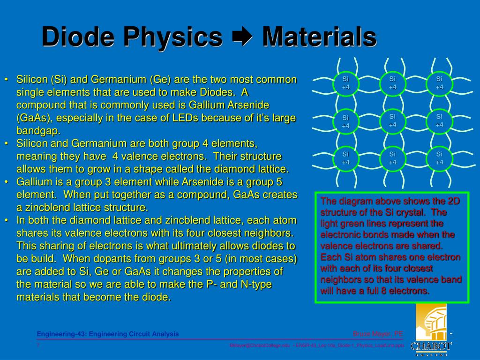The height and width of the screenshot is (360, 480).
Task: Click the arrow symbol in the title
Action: click(242, 37)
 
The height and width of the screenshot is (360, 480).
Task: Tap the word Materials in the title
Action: click(319, 37)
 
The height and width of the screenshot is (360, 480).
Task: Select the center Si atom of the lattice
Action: click(392, 120)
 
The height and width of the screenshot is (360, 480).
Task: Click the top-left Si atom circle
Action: click(345, 83)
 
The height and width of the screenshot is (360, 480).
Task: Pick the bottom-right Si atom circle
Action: click(439, 158)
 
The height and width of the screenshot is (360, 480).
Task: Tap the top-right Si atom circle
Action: click(439, 83)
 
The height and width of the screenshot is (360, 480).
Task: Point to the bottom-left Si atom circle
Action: click(345, 158)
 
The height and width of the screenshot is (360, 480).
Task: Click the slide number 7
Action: click(38, 345)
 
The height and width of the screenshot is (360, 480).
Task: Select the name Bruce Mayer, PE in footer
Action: click(378, 334)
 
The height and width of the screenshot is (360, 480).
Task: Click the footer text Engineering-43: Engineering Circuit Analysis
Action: click(108, 334)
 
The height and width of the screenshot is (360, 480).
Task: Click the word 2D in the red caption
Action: click(454, 201)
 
